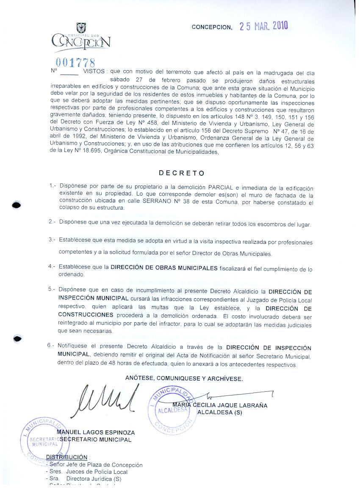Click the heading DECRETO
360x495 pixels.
(x=182, y=173)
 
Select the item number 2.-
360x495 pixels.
(x=53, y=222)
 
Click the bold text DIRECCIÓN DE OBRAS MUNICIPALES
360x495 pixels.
(x=164, y=268)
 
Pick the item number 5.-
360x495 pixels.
(x=52, y=290)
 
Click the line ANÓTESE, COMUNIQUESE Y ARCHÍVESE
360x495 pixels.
(x=184, y=379)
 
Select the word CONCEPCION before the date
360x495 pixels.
(x=212, y=27)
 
